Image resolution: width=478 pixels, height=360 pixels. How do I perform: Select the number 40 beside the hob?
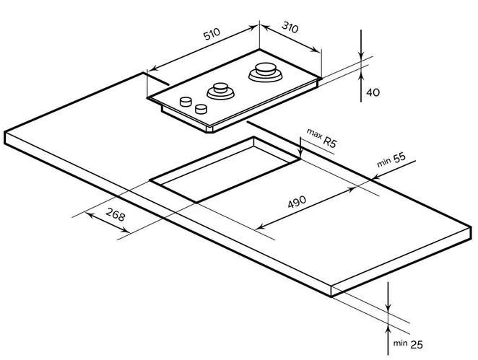[x=373, y=92]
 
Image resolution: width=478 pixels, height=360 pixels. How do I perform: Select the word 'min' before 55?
[x=382, y=163]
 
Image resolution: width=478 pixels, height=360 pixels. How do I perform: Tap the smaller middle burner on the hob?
[x=220, y=92]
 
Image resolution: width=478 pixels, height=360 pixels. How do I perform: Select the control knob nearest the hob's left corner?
[x=187, y=100]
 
